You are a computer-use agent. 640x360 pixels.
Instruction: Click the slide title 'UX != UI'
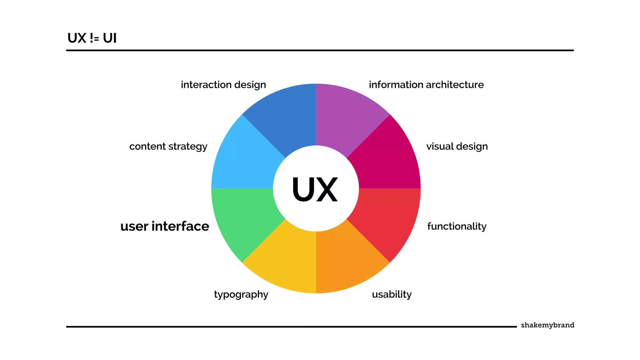click(92, 38)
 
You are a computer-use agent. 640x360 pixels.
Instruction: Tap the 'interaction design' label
click(223, 85)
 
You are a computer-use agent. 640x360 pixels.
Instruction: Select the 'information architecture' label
click(426, 85)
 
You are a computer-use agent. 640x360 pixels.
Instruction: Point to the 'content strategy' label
click(168, 146)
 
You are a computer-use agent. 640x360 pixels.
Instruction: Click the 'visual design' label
click(457, 146)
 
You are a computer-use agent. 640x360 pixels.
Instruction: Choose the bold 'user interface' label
click(165, 226)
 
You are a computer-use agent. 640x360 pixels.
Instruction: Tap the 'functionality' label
click(457, 226)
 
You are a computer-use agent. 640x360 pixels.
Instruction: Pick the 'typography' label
click(241, 294)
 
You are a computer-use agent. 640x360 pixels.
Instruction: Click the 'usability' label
click(392, 294)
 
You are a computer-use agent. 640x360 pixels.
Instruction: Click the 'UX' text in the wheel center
click(315, 189)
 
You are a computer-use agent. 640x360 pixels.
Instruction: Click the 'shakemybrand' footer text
click(547, 325)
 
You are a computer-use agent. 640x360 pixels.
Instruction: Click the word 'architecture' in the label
click(455, 85)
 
